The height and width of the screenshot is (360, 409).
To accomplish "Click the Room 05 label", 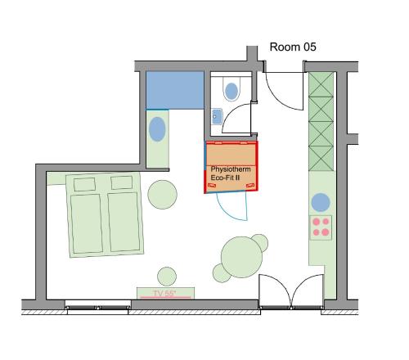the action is [x=293, y=47].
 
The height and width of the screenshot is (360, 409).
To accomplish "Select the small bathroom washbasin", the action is [x=217, y=116].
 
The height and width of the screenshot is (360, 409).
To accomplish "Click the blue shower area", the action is [x=175, y=90].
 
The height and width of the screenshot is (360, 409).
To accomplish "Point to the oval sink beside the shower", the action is [x=157, y=129].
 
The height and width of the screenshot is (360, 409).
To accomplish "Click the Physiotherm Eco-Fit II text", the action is [x=231, y=173].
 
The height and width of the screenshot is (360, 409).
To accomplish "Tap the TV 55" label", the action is [x=164, y=294].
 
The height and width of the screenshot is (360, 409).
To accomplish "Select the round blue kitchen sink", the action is [x=321, y=202].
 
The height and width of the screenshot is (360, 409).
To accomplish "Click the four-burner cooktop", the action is [x=321, y=227].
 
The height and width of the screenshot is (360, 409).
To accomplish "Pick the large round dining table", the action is [x=241, y=257].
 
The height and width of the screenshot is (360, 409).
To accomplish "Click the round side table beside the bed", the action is [x=163, y=195].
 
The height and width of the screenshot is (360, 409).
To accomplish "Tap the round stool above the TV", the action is [x=167, y=277].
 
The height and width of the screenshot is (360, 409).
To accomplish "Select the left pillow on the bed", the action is [x=84, y=184].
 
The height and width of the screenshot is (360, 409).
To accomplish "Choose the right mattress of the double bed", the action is [x=124, y=222].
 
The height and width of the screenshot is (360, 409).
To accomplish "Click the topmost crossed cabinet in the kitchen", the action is [x=321, y=84].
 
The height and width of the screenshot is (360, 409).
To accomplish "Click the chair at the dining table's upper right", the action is [x=261, y=241].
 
